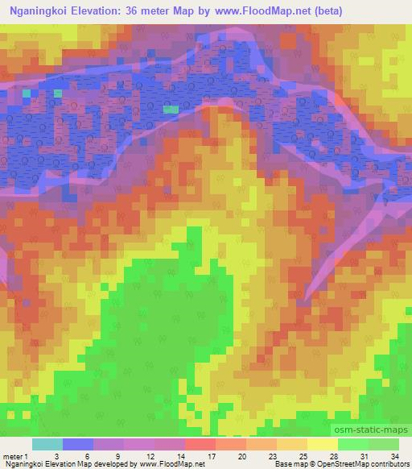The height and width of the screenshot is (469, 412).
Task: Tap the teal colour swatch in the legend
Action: coord(47,443)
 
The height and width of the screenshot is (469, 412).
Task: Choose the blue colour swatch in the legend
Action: coord(78,443)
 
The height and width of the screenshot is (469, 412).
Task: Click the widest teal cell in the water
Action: coord(171,108)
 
